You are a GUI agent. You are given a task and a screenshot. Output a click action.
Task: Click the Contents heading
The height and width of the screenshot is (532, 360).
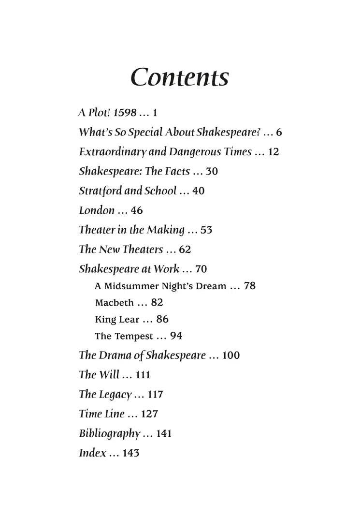[180, 76]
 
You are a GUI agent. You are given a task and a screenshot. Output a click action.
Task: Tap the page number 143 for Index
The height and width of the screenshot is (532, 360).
[130, 454]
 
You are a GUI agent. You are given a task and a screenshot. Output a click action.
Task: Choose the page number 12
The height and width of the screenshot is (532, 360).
[274, 152]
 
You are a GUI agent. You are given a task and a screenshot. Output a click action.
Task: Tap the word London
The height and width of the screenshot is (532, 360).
[97, 210]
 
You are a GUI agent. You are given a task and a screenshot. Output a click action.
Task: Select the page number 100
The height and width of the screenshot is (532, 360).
[231, 355]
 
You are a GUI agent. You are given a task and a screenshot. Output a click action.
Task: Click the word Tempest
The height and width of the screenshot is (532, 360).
[133, 336]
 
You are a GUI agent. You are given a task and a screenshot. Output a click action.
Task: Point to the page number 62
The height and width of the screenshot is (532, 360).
[185, 250]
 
